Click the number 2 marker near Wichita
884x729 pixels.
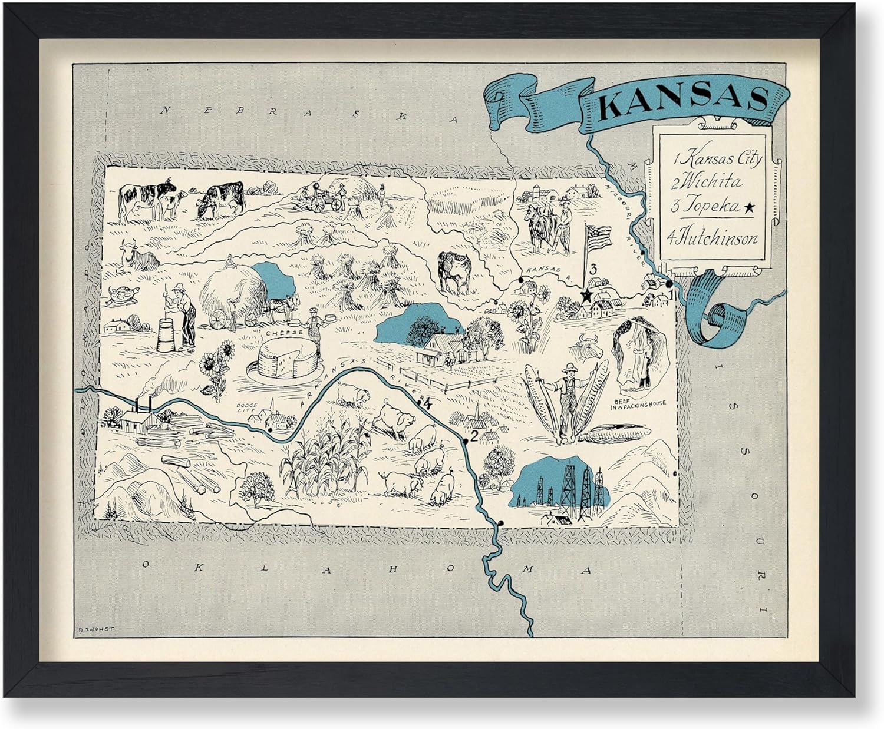click(473, 437)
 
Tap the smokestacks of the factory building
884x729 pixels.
click(143, 405)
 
